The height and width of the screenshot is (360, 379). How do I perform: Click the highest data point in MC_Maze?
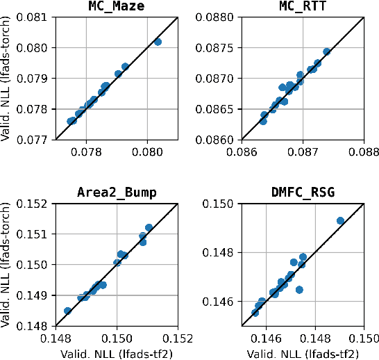point(158,42)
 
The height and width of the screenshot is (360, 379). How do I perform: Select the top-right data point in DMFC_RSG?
point(340,221)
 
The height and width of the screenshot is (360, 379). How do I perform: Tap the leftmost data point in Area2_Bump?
point(67,311)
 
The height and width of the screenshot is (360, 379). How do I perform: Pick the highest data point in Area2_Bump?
point(149,227)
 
